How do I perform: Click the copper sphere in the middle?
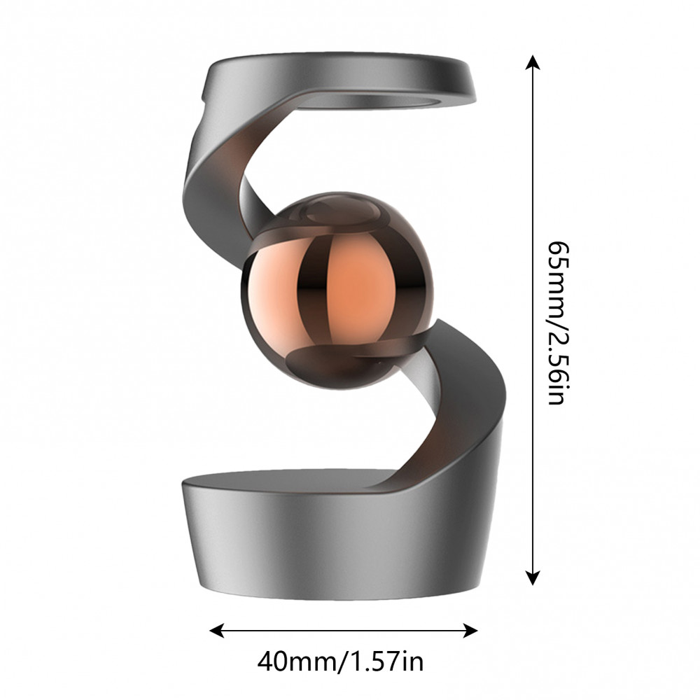337,290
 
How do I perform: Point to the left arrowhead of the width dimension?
217,631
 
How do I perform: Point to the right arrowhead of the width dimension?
470,631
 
